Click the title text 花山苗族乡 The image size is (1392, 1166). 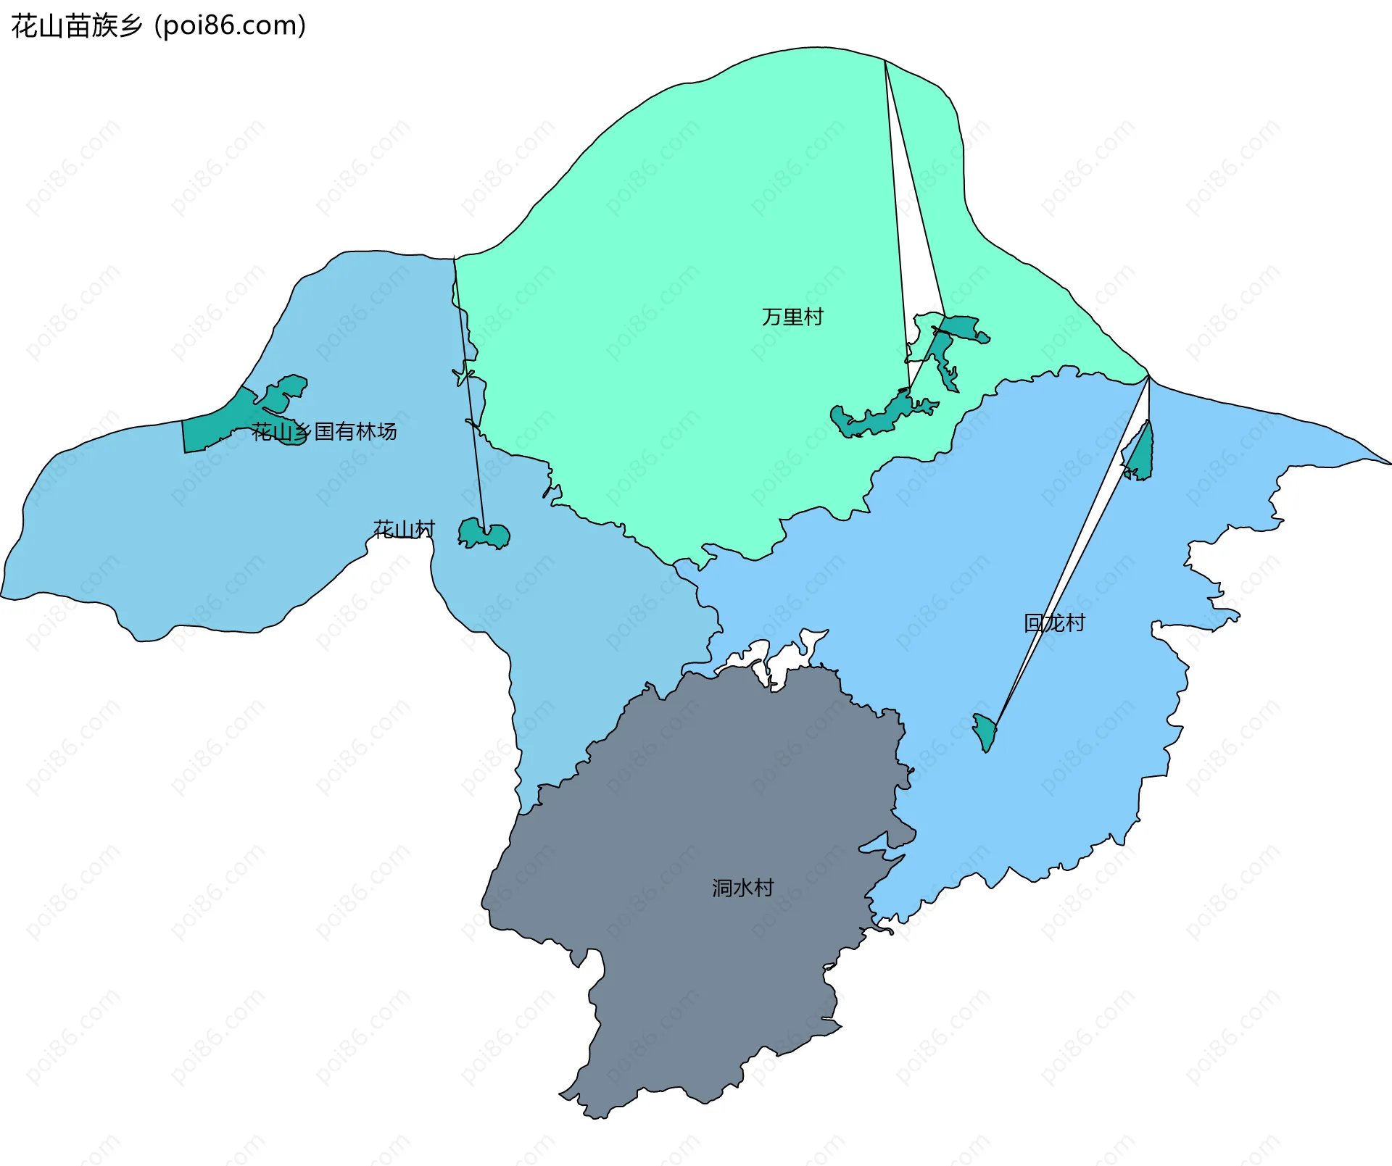tap(77, 26)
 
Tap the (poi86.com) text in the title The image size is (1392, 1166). tap(231, 26)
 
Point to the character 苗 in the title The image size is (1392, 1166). tap(77, 26)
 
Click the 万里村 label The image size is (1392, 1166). tap(792, 317)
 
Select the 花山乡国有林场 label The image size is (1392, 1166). tap(324, 432)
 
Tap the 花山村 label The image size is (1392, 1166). tap(404, 530)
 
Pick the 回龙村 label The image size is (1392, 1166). tap(1054, 623)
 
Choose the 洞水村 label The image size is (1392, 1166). tap(742, 888)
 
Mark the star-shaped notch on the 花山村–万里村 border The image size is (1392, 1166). tap(463, 376)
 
